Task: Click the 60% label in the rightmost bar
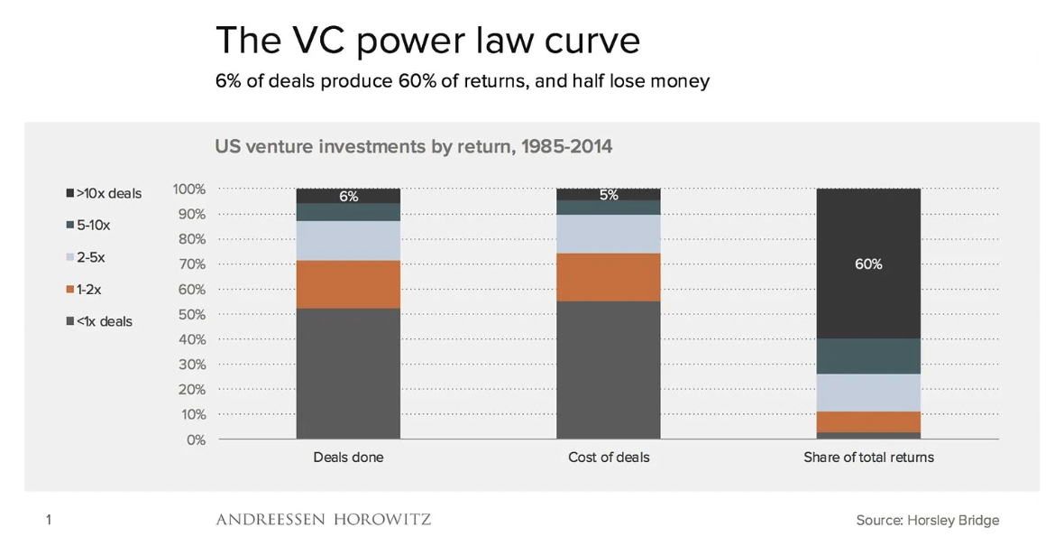click(868, 264)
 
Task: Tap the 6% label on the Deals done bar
click(348, 197)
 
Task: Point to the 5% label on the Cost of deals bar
click(609, 195)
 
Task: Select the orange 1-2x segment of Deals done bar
click(348, 284)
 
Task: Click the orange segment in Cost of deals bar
click(609, 277)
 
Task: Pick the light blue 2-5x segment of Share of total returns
click(868, 393)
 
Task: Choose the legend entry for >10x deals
click(104, 193)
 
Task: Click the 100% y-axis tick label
click(188, 190)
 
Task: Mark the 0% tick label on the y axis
click(194, 439)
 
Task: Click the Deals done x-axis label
click(348, 458)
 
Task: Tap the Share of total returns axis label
click(868, 458)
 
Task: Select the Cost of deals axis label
click(609, 458)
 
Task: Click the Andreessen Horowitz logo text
click(323, 520)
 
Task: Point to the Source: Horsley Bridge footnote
click(927, 520)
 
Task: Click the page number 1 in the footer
click(48, 520)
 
